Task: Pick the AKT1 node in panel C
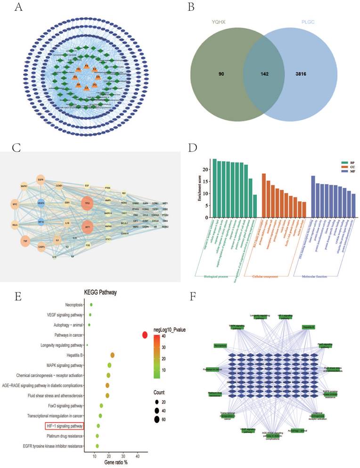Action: (87, 227)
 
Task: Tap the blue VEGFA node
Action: (41, 203)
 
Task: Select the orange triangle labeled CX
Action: (86, 88)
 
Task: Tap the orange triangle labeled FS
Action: (86, 66)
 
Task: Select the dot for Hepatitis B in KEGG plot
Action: (112, 355)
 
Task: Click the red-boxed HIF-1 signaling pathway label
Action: (65, 426)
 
